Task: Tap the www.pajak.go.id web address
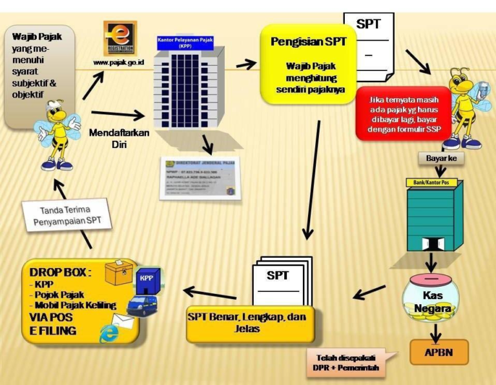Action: pos(120,63)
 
